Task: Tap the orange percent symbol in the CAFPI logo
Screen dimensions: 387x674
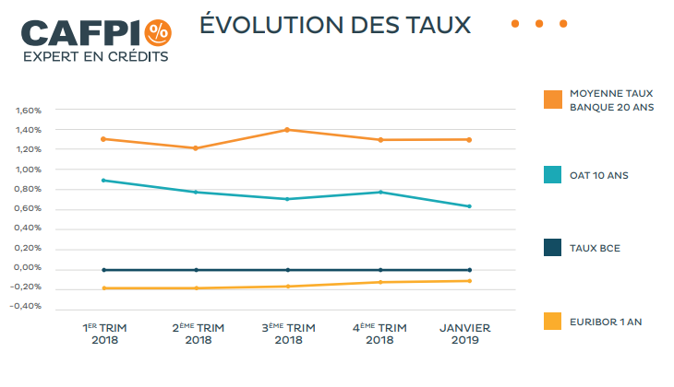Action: point(158,31)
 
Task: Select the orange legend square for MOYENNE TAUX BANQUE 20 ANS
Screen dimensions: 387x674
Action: point(552,100)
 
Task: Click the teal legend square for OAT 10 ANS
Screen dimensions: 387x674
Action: point(552,174)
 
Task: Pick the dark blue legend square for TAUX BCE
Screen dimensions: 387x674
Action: point(552,247)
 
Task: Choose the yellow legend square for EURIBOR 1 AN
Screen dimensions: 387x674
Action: point(552,321)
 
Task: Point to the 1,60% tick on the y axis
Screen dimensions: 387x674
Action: point(29,111)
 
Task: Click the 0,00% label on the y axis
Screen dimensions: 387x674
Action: point(29,268)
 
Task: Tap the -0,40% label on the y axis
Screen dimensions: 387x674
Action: point(27,307)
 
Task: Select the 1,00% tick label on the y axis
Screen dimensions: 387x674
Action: point(29,170)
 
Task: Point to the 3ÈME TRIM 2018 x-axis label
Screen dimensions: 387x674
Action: point(288,334)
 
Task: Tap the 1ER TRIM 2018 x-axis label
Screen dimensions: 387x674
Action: point(105,334)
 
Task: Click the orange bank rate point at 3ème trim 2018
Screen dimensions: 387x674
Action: point(287,130)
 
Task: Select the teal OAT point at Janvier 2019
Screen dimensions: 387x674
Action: point(469,206)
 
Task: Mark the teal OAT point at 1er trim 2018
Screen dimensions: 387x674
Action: point(104,181)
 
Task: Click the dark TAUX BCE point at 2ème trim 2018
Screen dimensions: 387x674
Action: point(196,270)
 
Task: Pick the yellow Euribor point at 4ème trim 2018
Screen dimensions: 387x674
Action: point(379,282)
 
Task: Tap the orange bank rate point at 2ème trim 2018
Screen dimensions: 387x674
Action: point(196,148)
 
